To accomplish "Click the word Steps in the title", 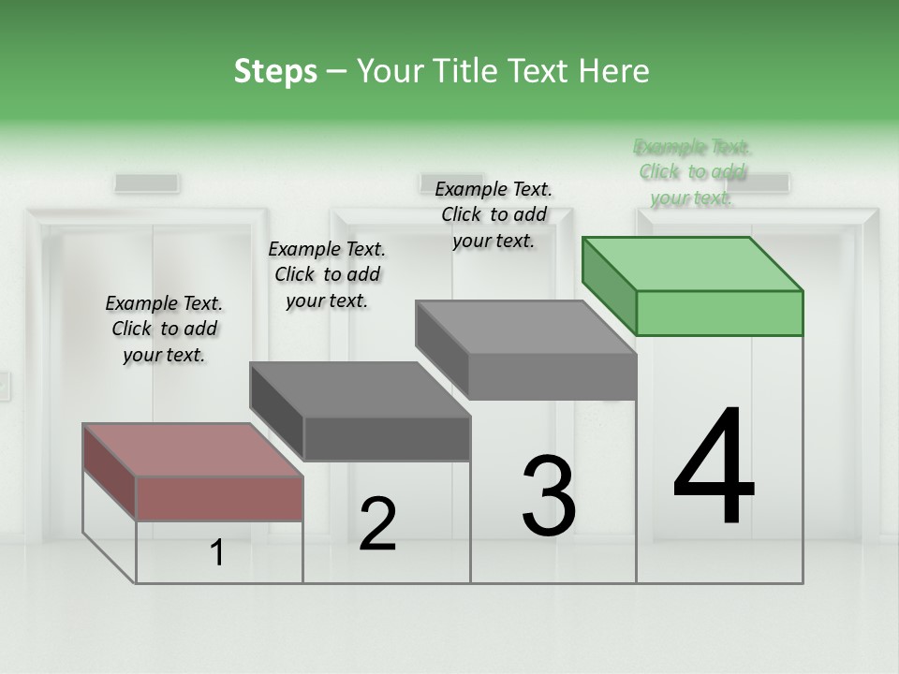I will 275,71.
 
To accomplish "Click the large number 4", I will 714,468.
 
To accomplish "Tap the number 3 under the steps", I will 549,496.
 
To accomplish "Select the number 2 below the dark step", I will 377,524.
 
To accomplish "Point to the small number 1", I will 217,553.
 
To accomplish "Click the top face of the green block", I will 693,263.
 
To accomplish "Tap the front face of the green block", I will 719,313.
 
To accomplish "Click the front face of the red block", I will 219,498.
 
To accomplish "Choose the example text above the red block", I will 164,329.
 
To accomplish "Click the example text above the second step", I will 327,274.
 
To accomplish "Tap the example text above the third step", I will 494,214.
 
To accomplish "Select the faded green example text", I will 692,172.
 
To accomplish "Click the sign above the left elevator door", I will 147,183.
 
